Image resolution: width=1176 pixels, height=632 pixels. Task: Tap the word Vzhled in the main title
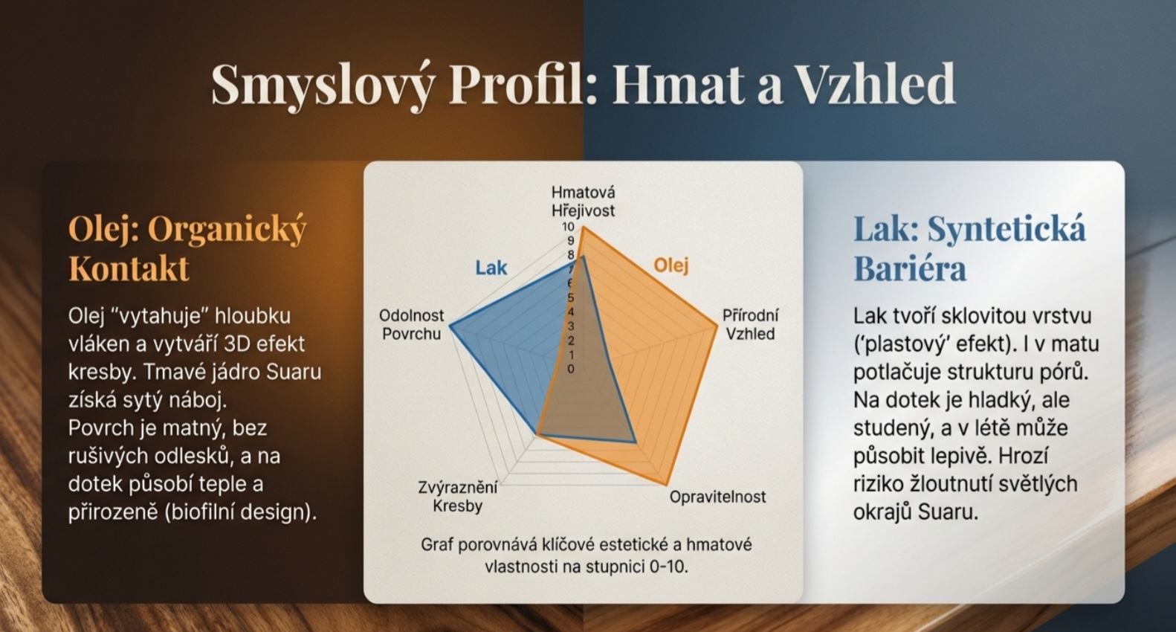874,84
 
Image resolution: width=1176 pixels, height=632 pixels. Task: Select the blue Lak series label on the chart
491,268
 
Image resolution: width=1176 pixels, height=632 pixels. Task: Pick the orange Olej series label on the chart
671,265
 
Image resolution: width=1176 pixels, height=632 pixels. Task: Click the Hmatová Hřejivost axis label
583,201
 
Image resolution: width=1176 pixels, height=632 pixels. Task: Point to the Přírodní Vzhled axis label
750,324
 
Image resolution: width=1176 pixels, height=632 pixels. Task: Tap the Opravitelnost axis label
717,497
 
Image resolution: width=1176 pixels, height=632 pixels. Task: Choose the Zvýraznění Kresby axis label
458,497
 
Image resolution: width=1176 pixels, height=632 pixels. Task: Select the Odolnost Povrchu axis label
412,324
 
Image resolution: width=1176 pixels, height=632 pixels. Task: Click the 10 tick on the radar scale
568,227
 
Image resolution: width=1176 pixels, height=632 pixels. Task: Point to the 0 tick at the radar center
571,369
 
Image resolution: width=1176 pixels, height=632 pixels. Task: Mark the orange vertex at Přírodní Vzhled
717,326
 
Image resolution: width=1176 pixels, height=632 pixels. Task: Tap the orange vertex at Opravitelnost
666,484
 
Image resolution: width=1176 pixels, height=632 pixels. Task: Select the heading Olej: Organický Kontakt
187,249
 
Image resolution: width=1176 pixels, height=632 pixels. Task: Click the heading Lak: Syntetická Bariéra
969,249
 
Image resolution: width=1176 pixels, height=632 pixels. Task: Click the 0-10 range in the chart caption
664,567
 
